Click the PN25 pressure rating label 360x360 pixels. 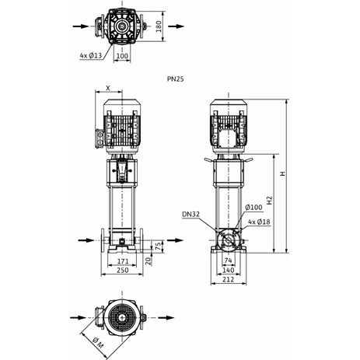point(176,79)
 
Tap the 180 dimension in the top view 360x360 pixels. point(159,26)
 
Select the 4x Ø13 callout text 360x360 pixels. point(91,55)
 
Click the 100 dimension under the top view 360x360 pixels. point(122,56)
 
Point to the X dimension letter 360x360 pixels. point(108,88)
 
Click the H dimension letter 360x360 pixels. point(282,173)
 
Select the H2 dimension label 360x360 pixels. point(270,200)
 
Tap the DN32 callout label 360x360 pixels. point(190,214)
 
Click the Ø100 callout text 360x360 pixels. point(253,207)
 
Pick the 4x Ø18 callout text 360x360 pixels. point(259,222)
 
